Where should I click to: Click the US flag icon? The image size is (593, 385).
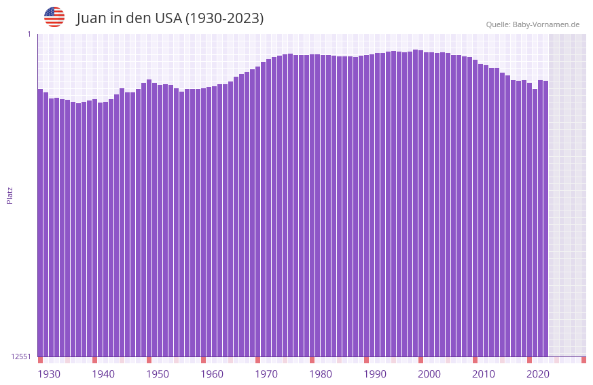coord(54,17)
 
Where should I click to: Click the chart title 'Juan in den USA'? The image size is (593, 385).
coord(170,18)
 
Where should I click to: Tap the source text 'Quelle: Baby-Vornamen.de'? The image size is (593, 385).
coord(533,24)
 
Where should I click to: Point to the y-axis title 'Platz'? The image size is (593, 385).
coord(10,195)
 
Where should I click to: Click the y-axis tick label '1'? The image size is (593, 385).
coord(29,34)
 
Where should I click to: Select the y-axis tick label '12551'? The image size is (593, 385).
coord(21,356)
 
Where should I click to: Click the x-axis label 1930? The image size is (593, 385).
coord(49,374)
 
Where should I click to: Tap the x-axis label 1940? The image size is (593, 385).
coord(103,374)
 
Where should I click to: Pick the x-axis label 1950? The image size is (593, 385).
coord(158,374)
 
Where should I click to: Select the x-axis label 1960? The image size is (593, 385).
coord(212,374)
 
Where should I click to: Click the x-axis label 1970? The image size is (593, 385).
coord(266,374)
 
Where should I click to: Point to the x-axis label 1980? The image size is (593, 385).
coord(321,374)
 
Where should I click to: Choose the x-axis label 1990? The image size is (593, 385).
coord(375,374)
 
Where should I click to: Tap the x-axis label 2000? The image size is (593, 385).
coord(429,374)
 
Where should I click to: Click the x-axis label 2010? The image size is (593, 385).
coord(484,374)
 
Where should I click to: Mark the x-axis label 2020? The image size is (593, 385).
coord(538,374)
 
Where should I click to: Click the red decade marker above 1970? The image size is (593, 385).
coord(257,360)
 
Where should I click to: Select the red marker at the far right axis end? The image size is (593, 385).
coord(583,360)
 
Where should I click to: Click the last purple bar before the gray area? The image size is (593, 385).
coord(545,217)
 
